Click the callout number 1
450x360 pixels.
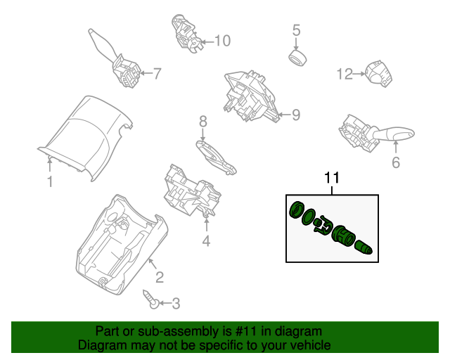coord(50,183)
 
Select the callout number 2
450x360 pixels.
coord(160,277)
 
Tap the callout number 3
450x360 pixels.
coord(175,303)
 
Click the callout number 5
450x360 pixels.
coord(296,30)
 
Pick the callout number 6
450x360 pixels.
coord(395,163)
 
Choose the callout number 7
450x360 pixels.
coord(157,72)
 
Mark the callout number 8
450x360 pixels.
coord(202,122)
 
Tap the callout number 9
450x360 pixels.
coord(295,114)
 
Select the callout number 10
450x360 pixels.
coord(221,41)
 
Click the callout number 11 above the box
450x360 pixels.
coord(331,179)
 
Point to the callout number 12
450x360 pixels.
coord(345,74)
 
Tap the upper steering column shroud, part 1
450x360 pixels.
coord(84,134)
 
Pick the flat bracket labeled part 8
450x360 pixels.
coord(215,157)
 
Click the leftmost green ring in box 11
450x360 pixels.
coord(296,210)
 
